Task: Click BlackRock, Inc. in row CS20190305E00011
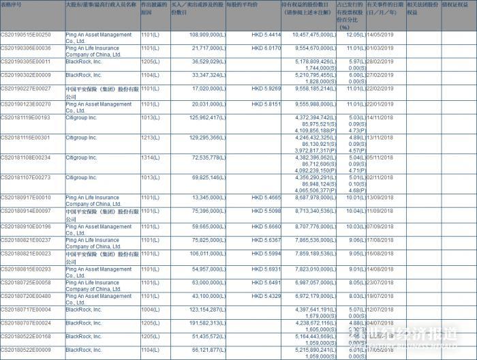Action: pyautogui.click(x=84, y=61)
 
